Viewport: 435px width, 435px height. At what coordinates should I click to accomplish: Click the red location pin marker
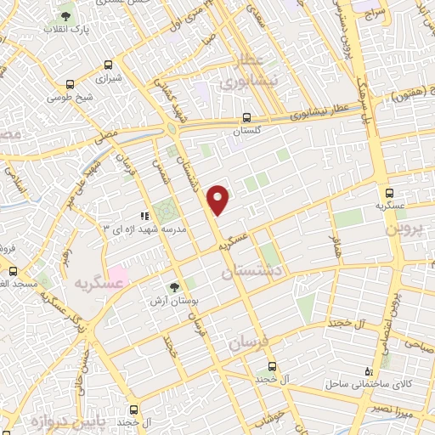tap(219, 199)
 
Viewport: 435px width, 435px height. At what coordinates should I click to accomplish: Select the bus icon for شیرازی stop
tap(108, 65)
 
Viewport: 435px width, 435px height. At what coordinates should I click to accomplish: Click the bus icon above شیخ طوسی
tap(70, 84)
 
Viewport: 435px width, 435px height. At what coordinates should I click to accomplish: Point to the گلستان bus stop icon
tap(246, 118)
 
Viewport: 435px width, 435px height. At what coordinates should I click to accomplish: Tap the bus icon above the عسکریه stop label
tap(390, 193)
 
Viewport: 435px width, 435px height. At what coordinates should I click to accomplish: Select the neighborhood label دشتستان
tap(253, 271)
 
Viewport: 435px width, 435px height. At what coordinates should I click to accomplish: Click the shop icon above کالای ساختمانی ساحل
tap(369, 371)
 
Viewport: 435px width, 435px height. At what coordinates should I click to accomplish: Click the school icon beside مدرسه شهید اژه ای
tap(144, 216)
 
